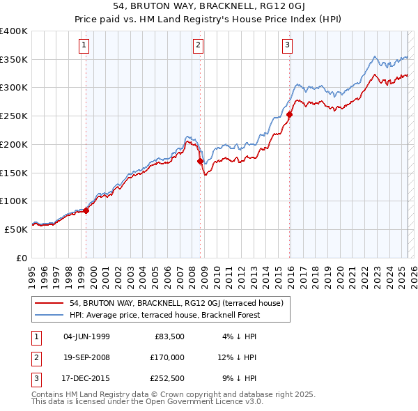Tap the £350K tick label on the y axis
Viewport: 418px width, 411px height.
tap(14, 60)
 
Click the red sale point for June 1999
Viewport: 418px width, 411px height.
tap(86, 210)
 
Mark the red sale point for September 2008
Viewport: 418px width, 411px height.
tap(201, 161)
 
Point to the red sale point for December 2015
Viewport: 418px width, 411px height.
tap(290, 115)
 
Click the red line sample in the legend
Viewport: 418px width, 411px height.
tap(49, 303)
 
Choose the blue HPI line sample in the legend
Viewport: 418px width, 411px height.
tap(49, 315)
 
